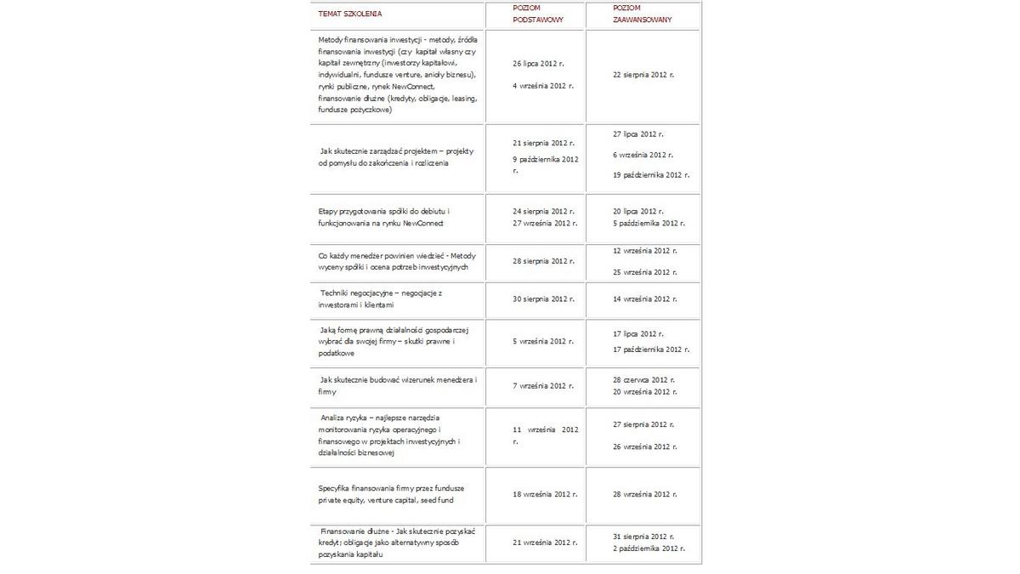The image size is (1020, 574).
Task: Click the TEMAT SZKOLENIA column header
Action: (x=350, y=14)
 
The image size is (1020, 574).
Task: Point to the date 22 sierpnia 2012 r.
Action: (x=643, y=75)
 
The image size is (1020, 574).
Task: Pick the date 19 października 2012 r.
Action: (x=651, y=174)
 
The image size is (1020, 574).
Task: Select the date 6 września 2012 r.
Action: (x=643, y=155)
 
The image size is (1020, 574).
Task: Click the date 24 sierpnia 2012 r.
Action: (x=544, y=211)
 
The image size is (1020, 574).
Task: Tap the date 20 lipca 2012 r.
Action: (x=638, y=211)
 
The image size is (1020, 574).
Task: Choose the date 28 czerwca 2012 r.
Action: (x=643, y=379)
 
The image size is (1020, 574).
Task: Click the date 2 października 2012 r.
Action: (x=649, y=548)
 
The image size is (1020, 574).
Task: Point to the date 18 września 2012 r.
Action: (x=545, y=494)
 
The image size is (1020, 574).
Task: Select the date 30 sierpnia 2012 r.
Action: (x=544, y=299)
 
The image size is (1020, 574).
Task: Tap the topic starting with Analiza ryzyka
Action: (x=390, y=435)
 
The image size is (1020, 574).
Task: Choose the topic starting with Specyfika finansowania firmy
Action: (x=391, y=494)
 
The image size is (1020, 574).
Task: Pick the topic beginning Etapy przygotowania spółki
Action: (x=384, y=217)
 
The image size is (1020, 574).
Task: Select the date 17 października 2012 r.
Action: (x=651, y=350)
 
